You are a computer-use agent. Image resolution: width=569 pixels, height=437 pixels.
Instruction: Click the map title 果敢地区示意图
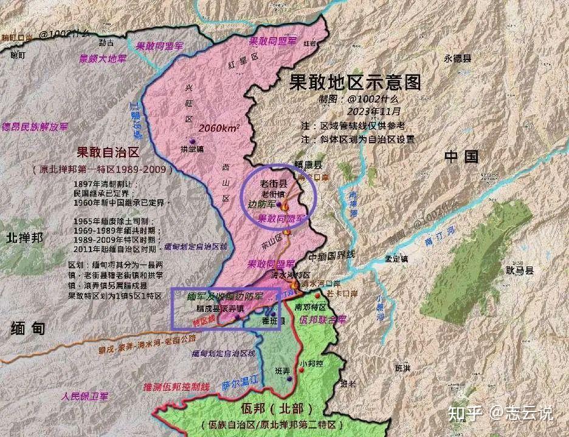click(x=355, y=82)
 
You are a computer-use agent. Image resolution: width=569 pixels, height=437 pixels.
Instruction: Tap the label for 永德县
click(x=458, y=59)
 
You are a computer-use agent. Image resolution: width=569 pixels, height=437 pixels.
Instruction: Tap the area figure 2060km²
click(x=219, y=127)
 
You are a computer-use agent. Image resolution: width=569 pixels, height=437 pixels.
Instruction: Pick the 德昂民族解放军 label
click(x=35, y=127)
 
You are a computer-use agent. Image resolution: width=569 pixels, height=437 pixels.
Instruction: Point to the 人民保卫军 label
click(x=84, y=396)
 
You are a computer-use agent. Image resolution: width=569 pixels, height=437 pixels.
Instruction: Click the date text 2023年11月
click(x=374, y=112)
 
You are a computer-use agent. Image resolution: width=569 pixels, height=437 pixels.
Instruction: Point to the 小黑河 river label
click(x=380, y=307)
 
